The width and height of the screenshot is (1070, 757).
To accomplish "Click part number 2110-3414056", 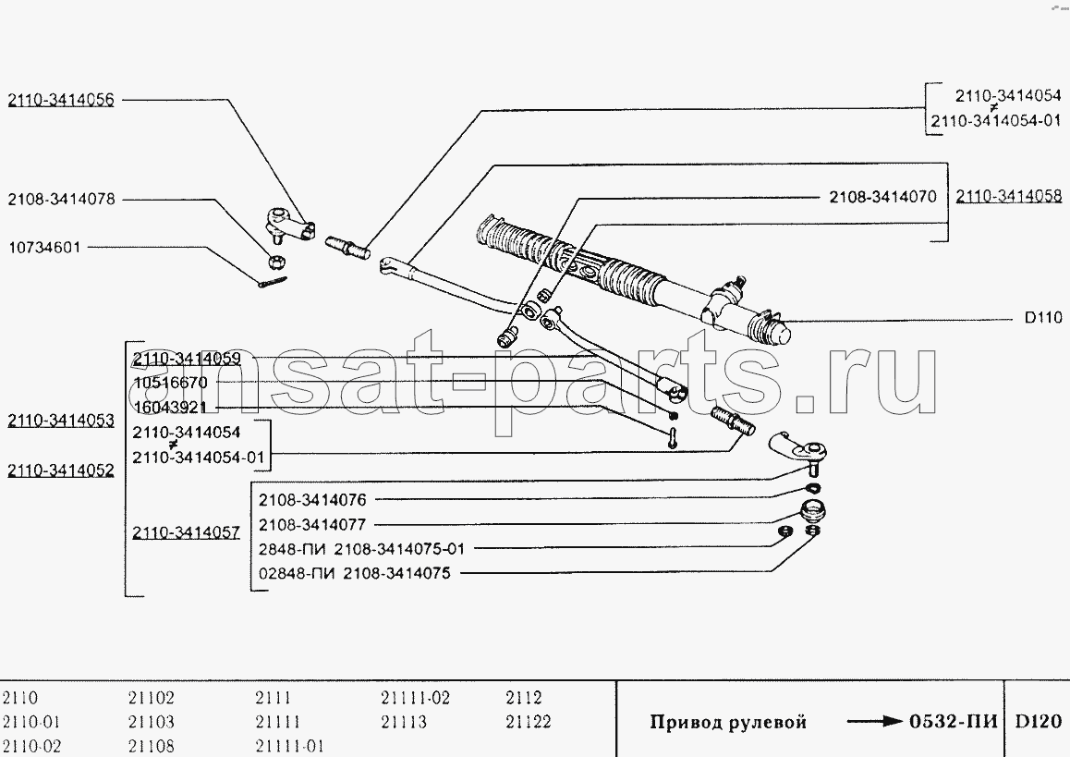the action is (x=61, y=101).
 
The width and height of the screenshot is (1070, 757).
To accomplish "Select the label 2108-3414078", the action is (x=61, y=200).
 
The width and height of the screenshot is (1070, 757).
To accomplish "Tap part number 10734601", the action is (x=44, y=247).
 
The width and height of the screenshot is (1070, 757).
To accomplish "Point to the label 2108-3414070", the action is (x=883, y=197).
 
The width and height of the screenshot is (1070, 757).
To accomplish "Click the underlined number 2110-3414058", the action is (x=1009, y=196).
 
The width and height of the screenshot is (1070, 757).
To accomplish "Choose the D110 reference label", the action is (x=1043, y=317).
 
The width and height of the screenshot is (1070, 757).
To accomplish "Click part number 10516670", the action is (x=170, y=383).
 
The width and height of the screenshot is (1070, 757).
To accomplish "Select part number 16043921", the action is (x=170, y=408).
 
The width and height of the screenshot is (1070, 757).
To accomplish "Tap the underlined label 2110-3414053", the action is (x=61, y=421).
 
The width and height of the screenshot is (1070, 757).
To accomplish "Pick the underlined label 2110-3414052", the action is (x=61, y=470).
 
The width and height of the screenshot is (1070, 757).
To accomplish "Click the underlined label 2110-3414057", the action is (x=187, y=532).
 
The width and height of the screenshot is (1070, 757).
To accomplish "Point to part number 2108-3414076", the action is (x=312, y=500).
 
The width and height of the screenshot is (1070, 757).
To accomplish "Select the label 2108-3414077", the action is (x=312, y=525).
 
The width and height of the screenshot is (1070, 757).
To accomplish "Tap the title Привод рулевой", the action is (x=728, y=722).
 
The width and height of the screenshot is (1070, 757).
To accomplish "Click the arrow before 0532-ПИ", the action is (x=875, y=721).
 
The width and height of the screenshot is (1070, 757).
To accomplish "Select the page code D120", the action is (x=1038, y=722).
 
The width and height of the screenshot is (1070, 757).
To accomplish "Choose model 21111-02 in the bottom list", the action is (x=416, y=698).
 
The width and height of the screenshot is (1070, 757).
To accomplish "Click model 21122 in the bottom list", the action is (x=529, y=722).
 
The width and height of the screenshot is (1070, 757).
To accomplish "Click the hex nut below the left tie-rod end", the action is (x=276, y=262).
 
